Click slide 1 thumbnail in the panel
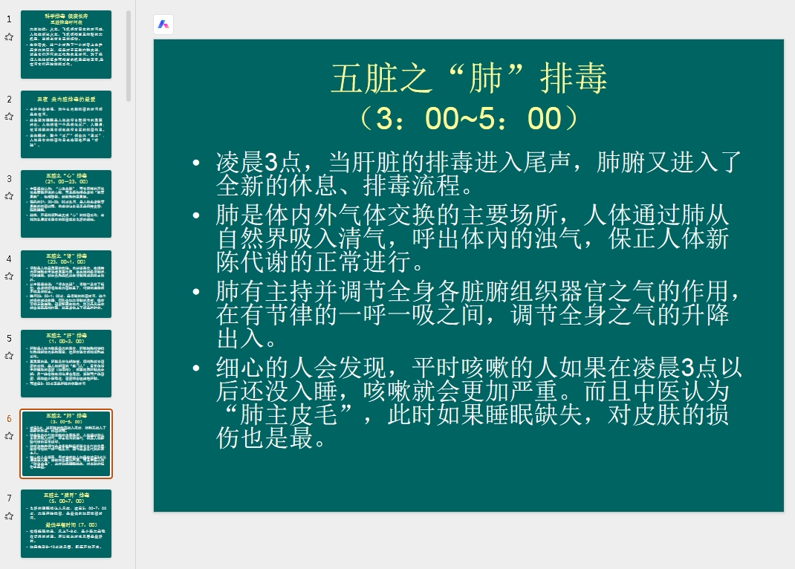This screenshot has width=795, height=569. point(66,45)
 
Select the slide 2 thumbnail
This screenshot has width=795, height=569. point(66,124)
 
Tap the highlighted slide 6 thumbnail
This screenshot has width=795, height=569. point(66,443)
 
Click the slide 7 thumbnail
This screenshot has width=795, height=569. point(66,523)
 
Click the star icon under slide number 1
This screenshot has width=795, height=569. point(9,36)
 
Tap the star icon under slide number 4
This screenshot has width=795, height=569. point(9,276)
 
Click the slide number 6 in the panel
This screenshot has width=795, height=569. point(9,418)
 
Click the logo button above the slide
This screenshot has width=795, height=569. point(163,25)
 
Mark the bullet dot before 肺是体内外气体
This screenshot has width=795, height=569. point(195,216)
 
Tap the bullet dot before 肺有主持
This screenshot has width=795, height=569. point(195,289)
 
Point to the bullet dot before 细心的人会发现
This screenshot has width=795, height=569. point(195,367)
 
